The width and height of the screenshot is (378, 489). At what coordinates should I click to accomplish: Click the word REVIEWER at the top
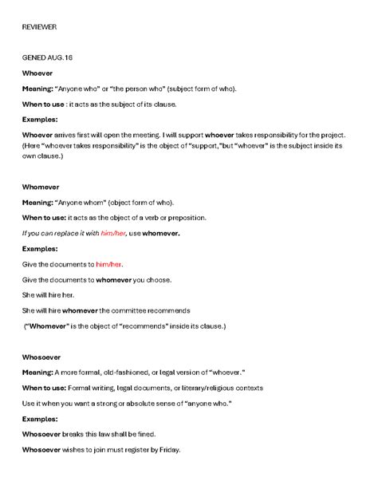[39, 27]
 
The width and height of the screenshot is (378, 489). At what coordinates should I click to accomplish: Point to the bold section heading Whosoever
[41, 358]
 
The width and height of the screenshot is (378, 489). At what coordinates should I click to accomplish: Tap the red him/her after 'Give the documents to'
[109, 263]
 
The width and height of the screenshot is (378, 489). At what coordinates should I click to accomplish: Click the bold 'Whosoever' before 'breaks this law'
[42, 434]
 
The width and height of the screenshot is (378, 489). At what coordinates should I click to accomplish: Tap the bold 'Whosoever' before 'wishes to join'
[42, 449]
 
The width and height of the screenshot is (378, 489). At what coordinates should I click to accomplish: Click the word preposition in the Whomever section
[183, 217]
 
